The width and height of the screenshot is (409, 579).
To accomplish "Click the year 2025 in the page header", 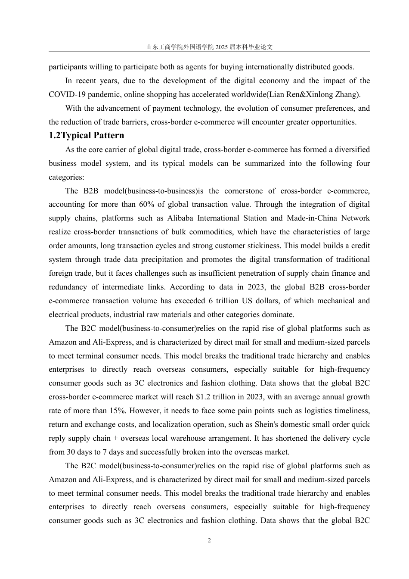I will [220, 47].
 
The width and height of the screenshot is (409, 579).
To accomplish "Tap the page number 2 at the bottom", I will [209, 541].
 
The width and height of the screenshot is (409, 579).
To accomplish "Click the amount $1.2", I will [204, 397].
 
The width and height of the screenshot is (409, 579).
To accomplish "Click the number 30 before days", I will [71, 452].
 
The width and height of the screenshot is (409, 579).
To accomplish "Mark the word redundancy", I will [68, 287].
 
